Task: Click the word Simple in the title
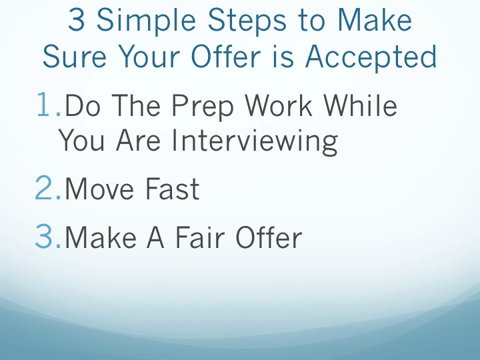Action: click(x=146, y=21)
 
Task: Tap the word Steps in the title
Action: click(x=247, y=21)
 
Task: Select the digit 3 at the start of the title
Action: click(x=76, y=19)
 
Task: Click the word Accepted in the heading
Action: click(x=371, y=57)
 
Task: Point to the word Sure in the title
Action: click(x=75, y=56)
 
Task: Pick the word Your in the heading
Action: click(x=149, y=56)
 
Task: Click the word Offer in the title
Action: click(x=226, y=56)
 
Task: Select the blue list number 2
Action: click(x=48, y=187)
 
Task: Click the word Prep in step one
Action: click(x=203, y=106)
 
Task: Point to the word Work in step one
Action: click(x=279, y=105)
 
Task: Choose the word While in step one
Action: click(x=360, y=105)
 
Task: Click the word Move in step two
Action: click(x=99, y=189)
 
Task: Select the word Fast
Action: click(x=172, y=189)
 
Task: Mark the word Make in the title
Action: click(x=375, y=19)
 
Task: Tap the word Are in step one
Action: click(x=138, y=140)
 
